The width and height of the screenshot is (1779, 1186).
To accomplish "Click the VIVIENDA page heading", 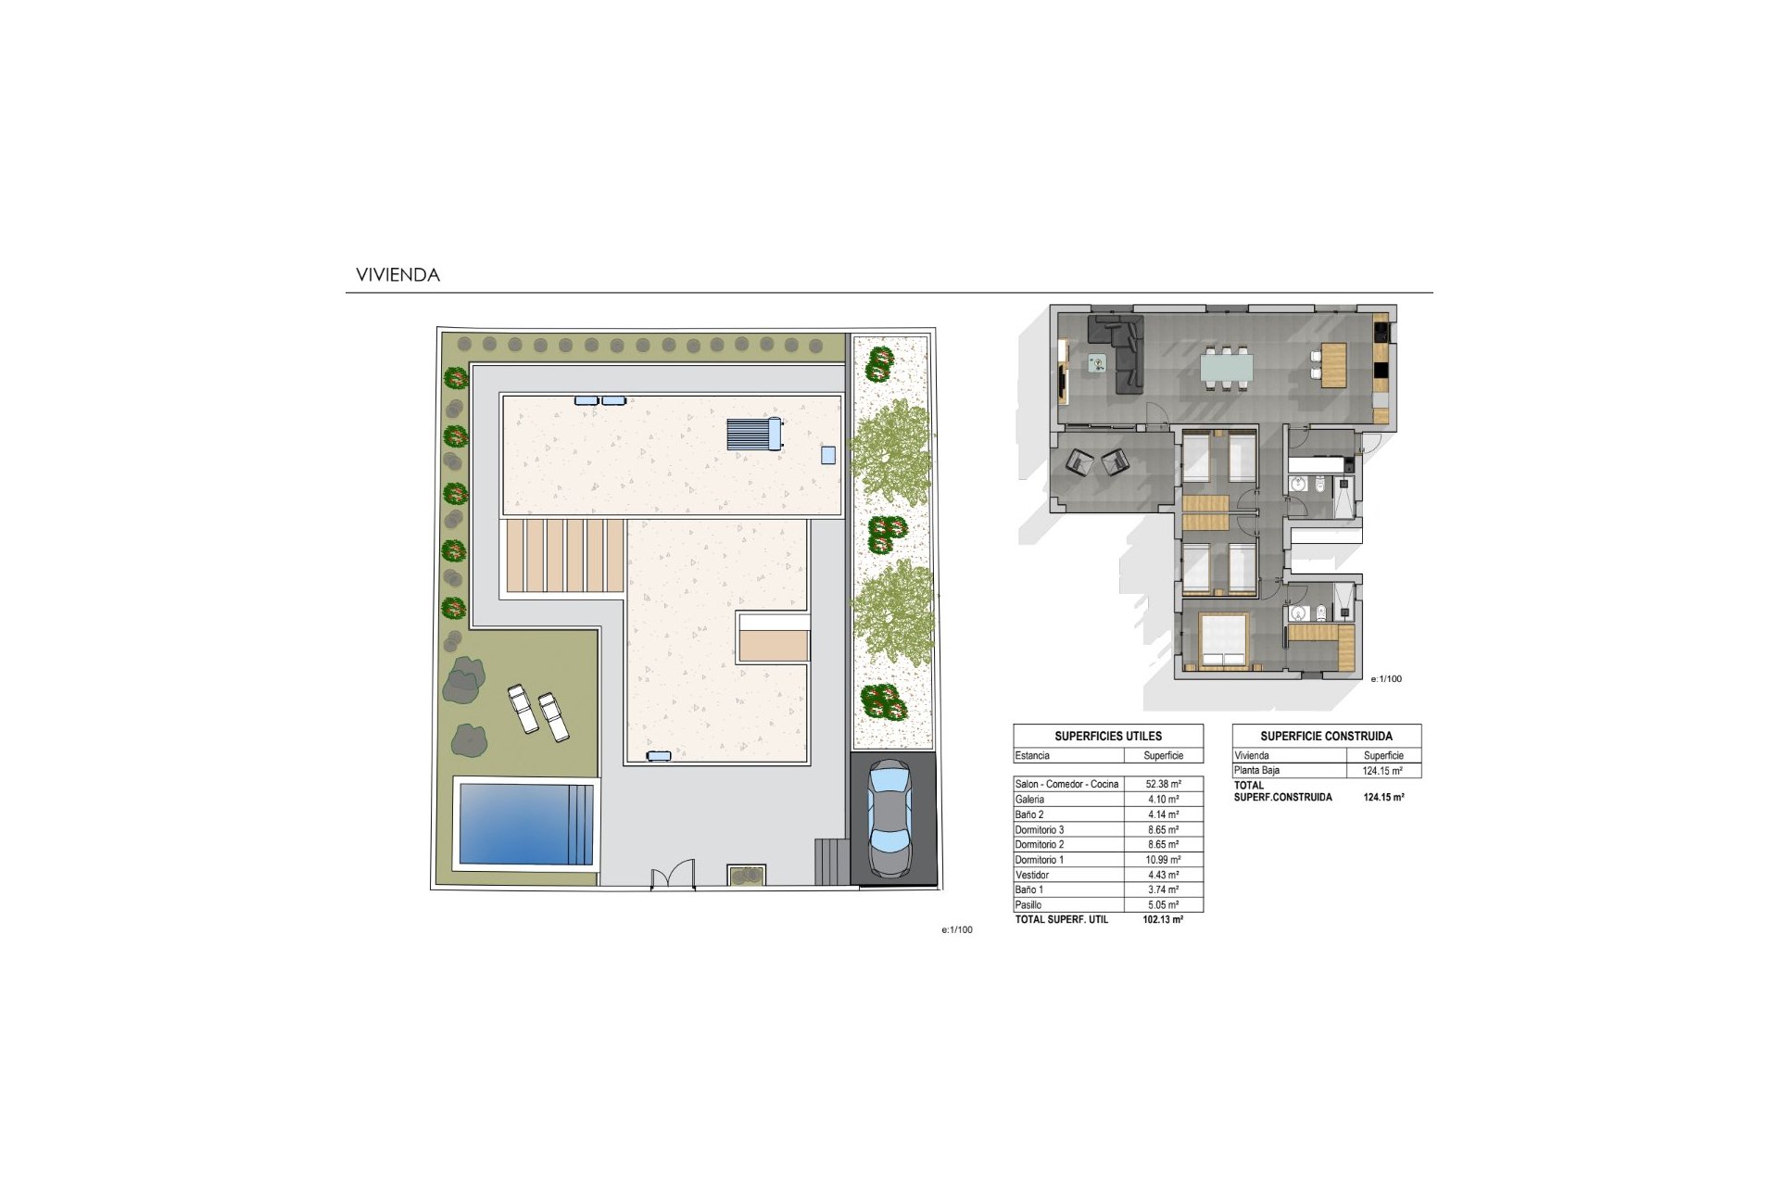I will click(x=397, y=275).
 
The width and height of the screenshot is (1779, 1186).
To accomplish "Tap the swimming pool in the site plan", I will click(x=525, y=824).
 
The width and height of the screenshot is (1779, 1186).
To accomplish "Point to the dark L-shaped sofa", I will click(x=1123, y=352).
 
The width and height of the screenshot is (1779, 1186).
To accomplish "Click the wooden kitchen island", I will click(x=1333, y=365).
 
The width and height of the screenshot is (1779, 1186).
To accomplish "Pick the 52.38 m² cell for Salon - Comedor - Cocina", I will click(x=1163, y=784).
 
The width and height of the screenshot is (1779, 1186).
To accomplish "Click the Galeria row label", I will click(x=1029, y=800).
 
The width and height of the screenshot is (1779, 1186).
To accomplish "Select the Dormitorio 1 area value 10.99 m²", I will click(x=1163, y=860).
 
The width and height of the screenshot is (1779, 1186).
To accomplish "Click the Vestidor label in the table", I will click(x=1032, y=875).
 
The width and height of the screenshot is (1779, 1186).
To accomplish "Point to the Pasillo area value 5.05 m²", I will click(x=1163, y=905).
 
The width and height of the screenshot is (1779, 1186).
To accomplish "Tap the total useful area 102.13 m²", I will click(x=1163, y=920).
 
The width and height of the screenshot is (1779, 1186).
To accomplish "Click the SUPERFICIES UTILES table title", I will click(x=1108, y=737).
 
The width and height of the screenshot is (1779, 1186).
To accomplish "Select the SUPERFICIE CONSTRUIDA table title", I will click(x=1326, y=737).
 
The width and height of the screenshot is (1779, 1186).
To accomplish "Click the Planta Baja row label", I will click(x=1256, y=771).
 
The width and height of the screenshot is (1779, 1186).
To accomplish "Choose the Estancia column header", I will click(x=1032, y=756).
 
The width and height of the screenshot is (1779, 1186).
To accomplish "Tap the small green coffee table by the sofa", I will click(x=1097, y=363).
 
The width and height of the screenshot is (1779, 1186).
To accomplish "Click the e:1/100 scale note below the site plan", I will click(x=957, y=929).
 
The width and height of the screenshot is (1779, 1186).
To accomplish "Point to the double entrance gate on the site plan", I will click(x=673, y=876).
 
